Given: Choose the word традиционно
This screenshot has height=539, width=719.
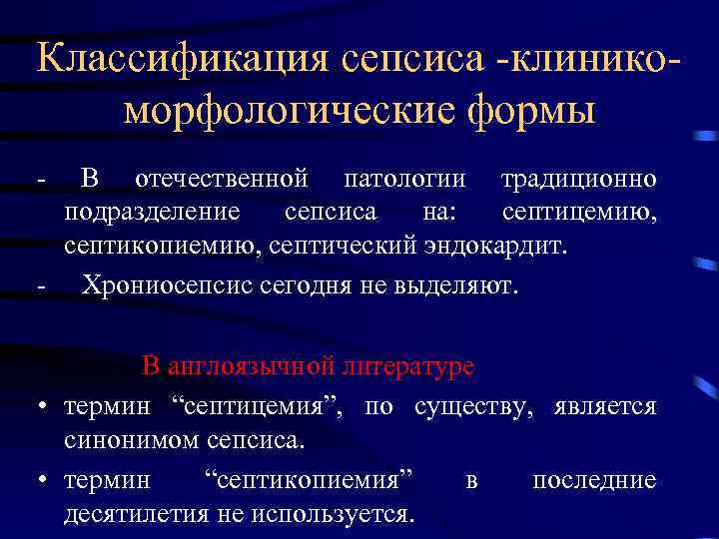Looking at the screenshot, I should (578, 180).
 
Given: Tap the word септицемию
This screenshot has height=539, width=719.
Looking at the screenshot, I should (578, 212).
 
